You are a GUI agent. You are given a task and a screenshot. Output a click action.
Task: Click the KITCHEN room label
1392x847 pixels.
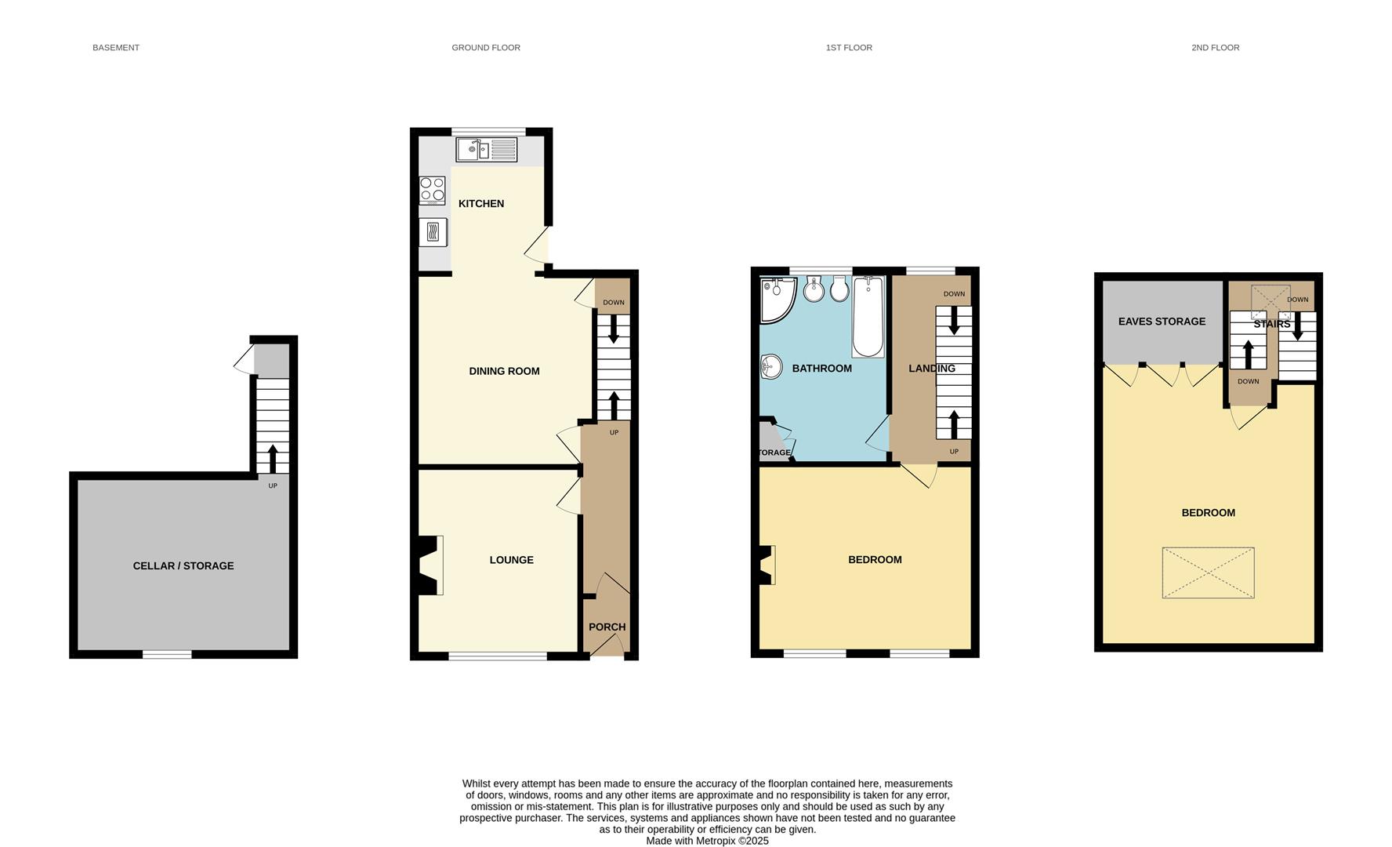click(x=480, y=204)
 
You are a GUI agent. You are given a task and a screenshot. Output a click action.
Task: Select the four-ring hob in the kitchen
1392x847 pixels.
click(x=432, y=190)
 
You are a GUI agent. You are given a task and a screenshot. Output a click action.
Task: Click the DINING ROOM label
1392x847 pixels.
click(x=504, y=372)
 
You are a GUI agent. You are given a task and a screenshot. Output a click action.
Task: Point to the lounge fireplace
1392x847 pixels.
click(x=430, y=565)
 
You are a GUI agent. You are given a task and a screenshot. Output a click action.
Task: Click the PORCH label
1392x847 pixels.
click(x=607, y=627)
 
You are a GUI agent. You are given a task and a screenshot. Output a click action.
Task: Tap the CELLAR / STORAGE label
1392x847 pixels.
click(x=183, y=566)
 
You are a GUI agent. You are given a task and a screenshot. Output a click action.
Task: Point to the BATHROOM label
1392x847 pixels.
click(x=821, y=369)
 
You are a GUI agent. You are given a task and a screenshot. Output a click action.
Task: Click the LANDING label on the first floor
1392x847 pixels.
click(x=931, y=369)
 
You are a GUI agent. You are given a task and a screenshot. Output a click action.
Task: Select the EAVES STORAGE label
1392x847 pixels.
click(x=1162, y=322)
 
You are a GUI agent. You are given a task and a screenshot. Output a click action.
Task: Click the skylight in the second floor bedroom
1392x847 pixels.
click(x=1208, y=573)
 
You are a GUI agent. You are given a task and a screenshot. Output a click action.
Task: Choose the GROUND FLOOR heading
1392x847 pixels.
click(x=486, y=48)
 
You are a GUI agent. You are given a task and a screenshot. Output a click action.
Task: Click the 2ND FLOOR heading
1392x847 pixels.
click(x=1215, y=48)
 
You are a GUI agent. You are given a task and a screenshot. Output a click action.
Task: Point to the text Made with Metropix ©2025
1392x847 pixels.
click(x=707, y=841)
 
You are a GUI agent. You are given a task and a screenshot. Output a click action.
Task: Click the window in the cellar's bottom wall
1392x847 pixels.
click(x=167, y=654)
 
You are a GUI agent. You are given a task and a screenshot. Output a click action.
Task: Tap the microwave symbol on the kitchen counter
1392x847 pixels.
click(x=433, y=232)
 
